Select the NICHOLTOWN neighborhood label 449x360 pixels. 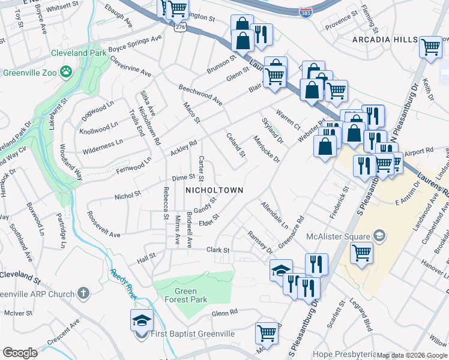(x=214, y=190)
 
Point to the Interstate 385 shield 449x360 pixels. (x=306, y=11)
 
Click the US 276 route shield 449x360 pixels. (x=180, y=28)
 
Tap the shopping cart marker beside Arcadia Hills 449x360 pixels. (x=431, y=47)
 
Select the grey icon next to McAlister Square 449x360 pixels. (x=379, y=235)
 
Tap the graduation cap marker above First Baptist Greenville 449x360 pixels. (x=142, y=319)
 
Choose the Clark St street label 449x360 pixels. (x=218, y=250)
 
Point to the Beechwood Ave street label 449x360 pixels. (x=200, y=95)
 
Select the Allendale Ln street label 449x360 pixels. (x=274, y=215)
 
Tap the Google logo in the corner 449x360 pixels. (x=20, y=353)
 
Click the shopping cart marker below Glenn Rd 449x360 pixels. (x=267, y=333)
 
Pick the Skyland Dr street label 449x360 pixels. (x=272, y=131)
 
